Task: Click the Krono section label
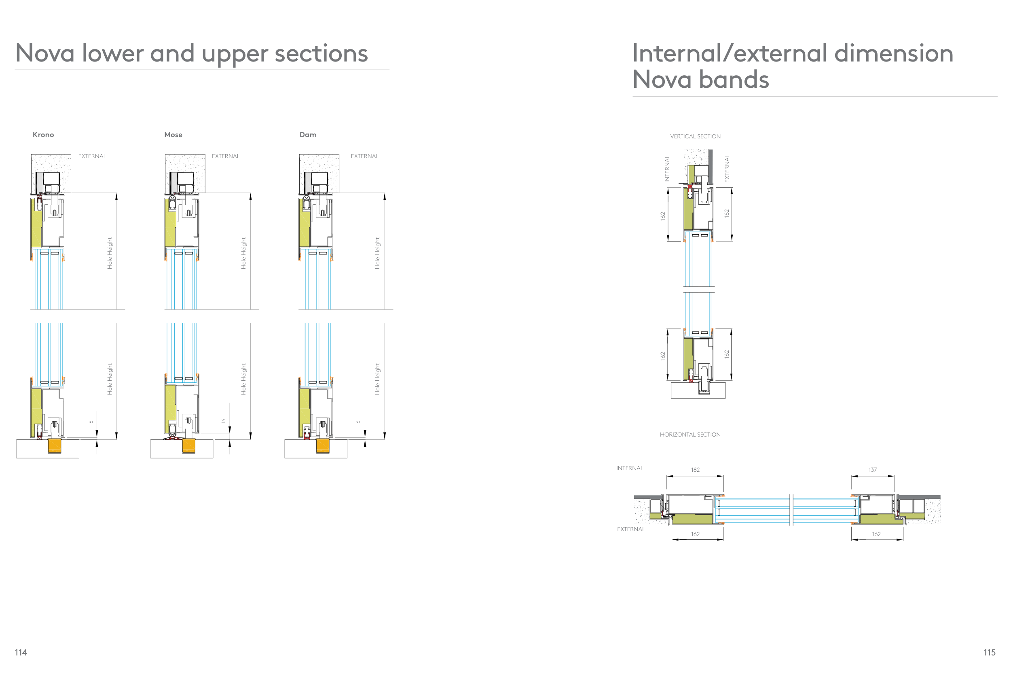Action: coord(43,135)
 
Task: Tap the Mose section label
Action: coord(173,135)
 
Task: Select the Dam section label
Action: coord(308,135)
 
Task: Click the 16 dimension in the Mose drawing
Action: coord(224,421)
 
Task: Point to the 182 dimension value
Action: coord(695,470)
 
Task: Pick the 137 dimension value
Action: coord(872,470)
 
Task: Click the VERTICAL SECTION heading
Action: coord(695,136)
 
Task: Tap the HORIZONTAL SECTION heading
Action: coord(690,434)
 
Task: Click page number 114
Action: coord(21,652)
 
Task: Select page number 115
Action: coord(989,652)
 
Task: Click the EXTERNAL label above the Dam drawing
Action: coord(364,156)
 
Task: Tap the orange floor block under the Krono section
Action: coord(54,445)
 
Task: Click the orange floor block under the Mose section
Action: coord(188,445)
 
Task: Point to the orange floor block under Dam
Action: coord(322,445)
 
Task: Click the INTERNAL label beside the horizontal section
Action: coord(630,468)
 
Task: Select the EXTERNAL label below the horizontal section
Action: coord(631,529)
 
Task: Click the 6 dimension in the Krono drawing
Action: coord(91,422)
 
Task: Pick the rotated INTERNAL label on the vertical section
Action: coord(667,168)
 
